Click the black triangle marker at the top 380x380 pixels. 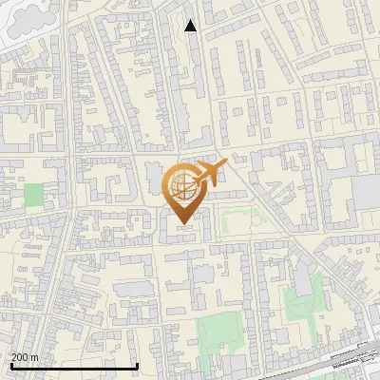pos(191,26)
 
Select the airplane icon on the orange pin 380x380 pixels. pos(210,173)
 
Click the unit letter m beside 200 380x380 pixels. pos(34,357)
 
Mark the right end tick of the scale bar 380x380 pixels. pos(138,365)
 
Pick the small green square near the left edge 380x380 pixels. pos(33,195)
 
